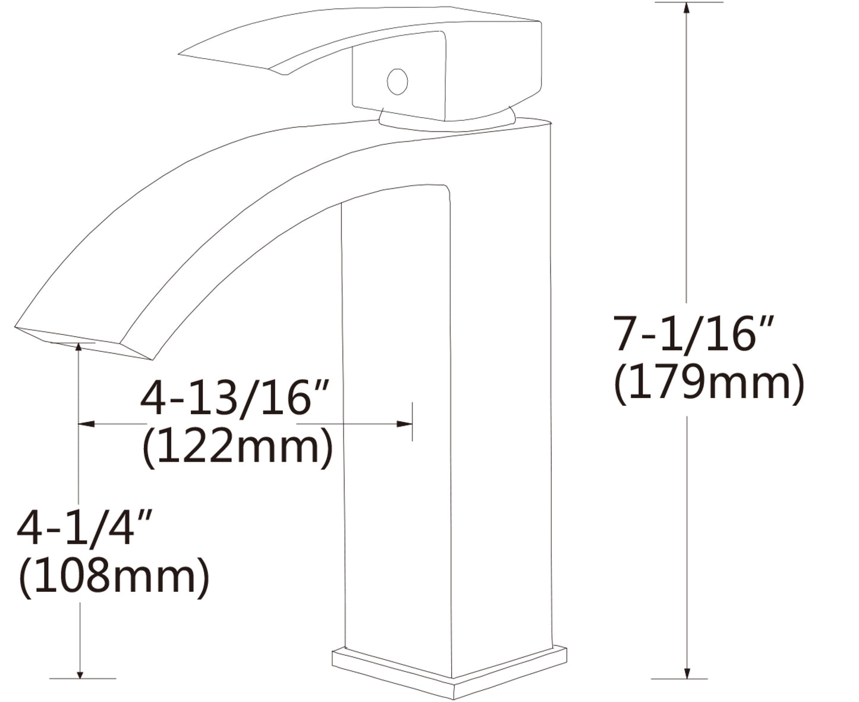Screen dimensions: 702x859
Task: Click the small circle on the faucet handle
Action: pyautogui.click(x=397, y=81)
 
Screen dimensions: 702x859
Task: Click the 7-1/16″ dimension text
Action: pyautogui.click(x=694, y=334)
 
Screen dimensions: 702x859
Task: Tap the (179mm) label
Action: pyautogui.click(x=709, y=383)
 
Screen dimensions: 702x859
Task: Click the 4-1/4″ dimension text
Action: pyautogui.click(x=84, y=528)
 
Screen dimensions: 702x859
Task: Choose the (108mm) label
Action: pyautogui.click(x=114, y=576)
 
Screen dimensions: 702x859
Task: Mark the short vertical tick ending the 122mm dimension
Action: pyautogui.click(x=412, y=422)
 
